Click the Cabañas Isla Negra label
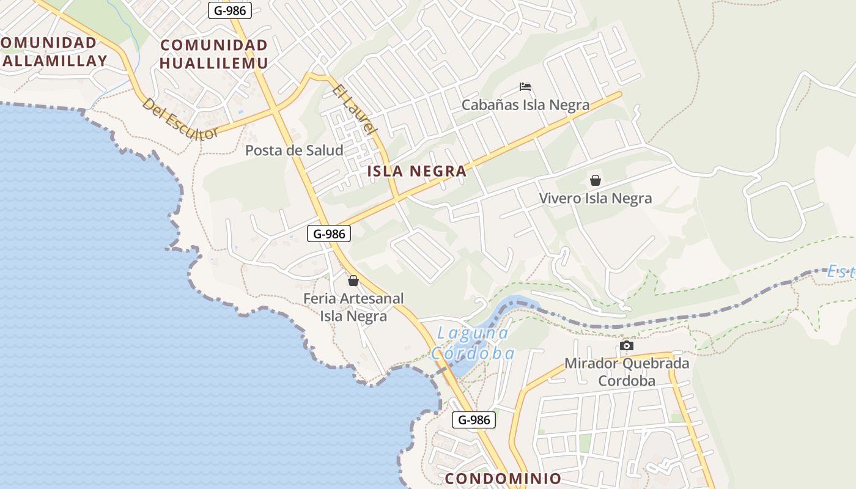[x=525, y=105]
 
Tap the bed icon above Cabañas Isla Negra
[x=525, y=87]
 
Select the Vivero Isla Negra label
[x=595, y=198]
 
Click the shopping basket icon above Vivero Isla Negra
[x=595, y=180]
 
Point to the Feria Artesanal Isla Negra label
[x=354, y=307]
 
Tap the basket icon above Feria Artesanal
[x=353, y=281]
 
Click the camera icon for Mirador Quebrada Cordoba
[x=626, y=346]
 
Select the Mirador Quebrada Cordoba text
[x=626, y=372]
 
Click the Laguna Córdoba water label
[x=473, y=343]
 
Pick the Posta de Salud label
[x=294, y=150]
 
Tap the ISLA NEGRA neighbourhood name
[x=417, y=171]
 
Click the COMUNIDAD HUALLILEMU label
[x=213, y=54]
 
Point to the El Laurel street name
[x=355, y=110]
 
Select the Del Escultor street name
[x=180, y=119]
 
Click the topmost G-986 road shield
[x=229, y=10]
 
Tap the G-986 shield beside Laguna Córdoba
[x=474, y=420]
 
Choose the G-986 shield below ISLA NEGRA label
[x=328, y=233]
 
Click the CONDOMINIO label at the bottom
[x=503, y=478]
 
